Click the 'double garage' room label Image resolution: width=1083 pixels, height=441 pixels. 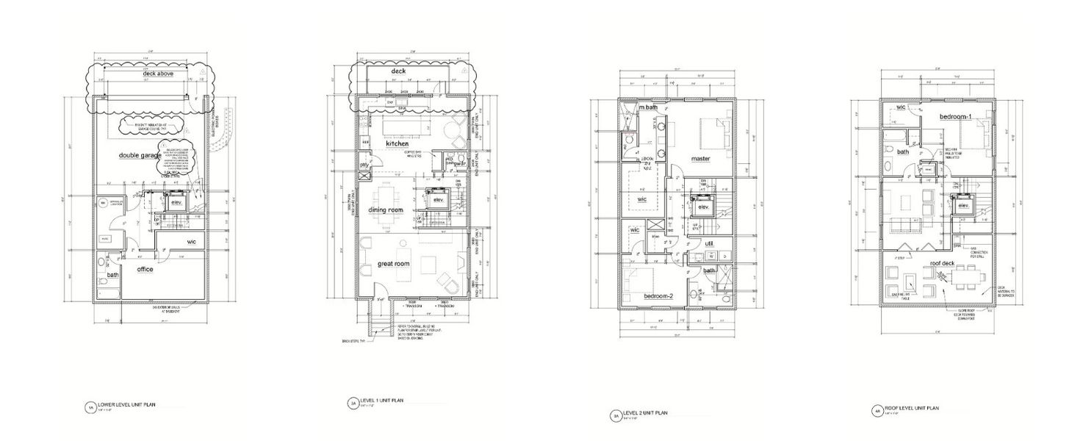click(x=141, y=156)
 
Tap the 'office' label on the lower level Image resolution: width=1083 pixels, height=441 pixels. click(x=145, y=270)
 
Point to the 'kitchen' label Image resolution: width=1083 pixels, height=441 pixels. click(x=397, y=143)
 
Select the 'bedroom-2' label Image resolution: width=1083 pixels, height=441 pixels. click(x=659, y=295)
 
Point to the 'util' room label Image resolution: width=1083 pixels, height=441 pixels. click(x=709, y=243)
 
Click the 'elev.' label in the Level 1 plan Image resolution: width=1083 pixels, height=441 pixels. click(x=439, y=200)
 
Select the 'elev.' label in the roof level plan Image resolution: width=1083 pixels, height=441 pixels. click(x=963, y=206)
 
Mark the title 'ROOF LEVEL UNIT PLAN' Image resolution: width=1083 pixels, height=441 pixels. click(x=912, y=407)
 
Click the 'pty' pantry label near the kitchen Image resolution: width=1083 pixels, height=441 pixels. click(x=364, y=165)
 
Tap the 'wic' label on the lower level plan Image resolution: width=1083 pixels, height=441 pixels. click(x=191, y=241)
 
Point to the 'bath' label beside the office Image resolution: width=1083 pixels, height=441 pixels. click(x=112, y=275)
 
